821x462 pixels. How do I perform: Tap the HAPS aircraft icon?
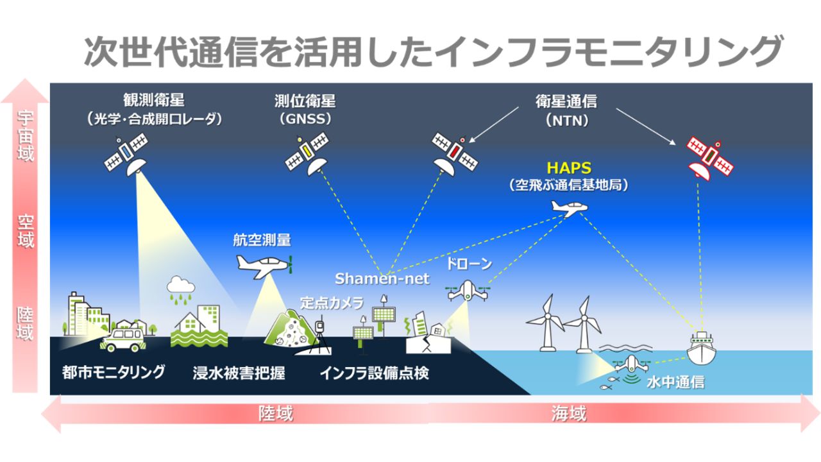pyautogui.click(x=568, y=208)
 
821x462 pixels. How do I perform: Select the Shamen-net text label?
pyautogui.click(x=382, y=278)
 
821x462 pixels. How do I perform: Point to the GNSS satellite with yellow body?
pyautogui.click(x=307, y=151)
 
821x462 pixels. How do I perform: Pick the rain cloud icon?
pyautogui.click(x=181, y=288)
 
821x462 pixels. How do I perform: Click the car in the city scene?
pyautogui.click(x=123, y=338)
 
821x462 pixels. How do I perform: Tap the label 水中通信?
pyautogui.click(x=675, y=382)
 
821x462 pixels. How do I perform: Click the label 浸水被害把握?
pyautogui.click(x=239, y=372)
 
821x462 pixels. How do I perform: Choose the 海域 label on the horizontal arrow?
pyautogui.click(x=568, y=414)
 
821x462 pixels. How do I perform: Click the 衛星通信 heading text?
pyautogui.click(x=566, y=101)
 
